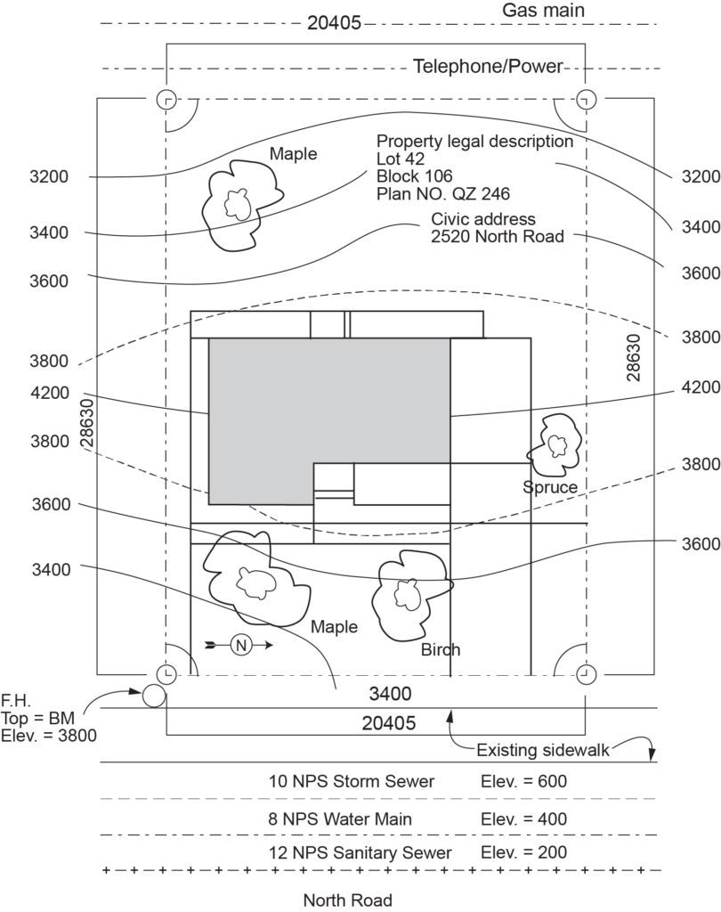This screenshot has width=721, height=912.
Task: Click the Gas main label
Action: [x=543, y=11]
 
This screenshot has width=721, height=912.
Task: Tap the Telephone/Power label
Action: [x=489, y=67]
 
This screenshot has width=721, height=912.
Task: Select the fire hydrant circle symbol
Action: [x=154, y=696]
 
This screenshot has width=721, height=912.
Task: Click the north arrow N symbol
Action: [x=239, y=645]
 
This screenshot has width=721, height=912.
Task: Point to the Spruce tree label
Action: [x=550, y=487]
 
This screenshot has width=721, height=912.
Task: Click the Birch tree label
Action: [x=441, y=650]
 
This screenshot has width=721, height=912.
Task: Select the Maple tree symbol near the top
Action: [x=237, y=203]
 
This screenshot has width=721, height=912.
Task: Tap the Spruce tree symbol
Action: [x=555, y=444]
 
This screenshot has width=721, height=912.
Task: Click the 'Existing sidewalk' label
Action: [x=543, y=749]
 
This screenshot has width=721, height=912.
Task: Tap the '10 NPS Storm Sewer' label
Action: [x=352, y=782]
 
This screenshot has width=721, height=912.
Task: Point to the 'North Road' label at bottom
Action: [x=347, y=900]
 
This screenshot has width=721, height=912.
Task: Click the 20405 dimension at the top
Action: [x=334, y=24]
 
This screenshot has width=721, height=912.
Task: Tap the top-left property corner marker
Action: [x=166, y=99]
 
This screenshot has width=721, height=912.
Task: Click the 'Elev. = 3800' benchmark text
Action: [x=49, y=736]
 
